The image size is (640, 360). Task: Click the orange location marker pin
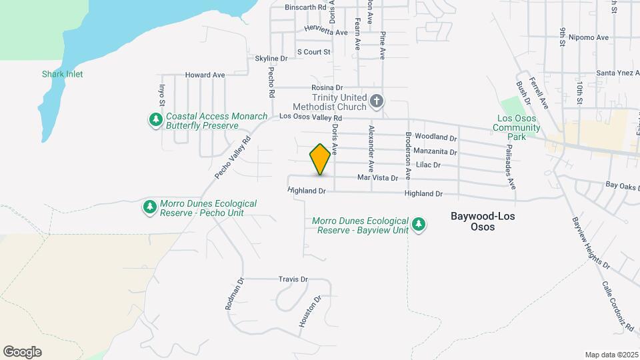point(321,159)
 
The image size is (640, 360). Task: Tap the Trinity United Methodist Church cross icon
point(377,101)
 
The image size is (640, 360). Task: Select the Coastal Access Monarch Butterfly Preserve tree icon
point(155,120)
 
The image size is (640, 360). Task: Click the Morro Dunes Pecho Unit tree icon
point(150,207)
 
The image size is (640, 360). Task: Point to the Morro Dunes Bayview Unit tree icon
point(419,224)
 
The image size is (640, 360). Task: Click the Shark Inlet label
point(62,74)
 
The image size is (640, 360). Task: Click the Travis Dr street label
point(293,279)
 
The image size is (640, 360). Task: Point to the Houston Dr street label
point(311,311)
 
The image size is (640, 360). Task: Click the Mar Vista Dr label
point(377,178)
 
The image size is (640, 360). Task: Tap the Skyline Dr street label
point(271,59)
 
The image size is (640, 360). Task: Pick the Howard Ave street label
point(205,75)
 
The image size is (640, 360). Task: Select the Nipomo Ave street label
point(593,37)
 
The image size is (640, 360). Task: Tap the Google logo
point(22,352)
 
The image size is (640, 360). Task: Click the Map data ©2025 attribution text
point(611,355)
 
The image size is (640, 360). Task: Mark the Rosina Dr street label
point(327,87)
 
